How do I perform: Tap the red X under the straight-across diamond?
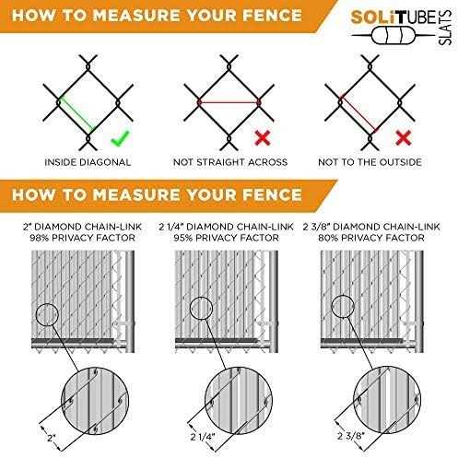pos(263,137)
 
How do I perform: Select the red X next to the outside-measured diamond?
pos(404,137)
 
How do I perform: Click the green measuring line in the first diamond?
pos(76,113)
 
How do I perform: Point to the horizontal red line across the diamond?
pos(229,102)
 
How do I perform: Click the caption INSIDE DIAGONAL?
pos(88,162)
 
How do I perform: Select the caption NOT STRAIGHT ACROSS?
pos(230,162)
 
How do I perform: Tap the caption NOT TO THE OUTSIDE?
pos(370,162)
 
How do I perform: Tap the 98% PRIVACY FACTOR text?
pos(82,238)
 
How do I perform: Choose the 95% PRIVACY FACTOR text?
pos(226,238)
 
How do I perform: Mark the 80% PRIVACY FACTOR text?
pos(371,238)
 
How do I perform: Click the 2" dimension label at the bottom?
pos(52,438)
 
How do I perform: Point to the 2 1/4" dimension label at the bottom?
pos(203,437)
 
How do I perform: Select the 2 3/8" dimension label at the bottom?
pos(350,436)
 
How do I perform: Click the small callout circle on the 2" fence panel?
pos(47,314)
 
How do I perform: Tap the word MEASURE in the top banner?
pos(135,16)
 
